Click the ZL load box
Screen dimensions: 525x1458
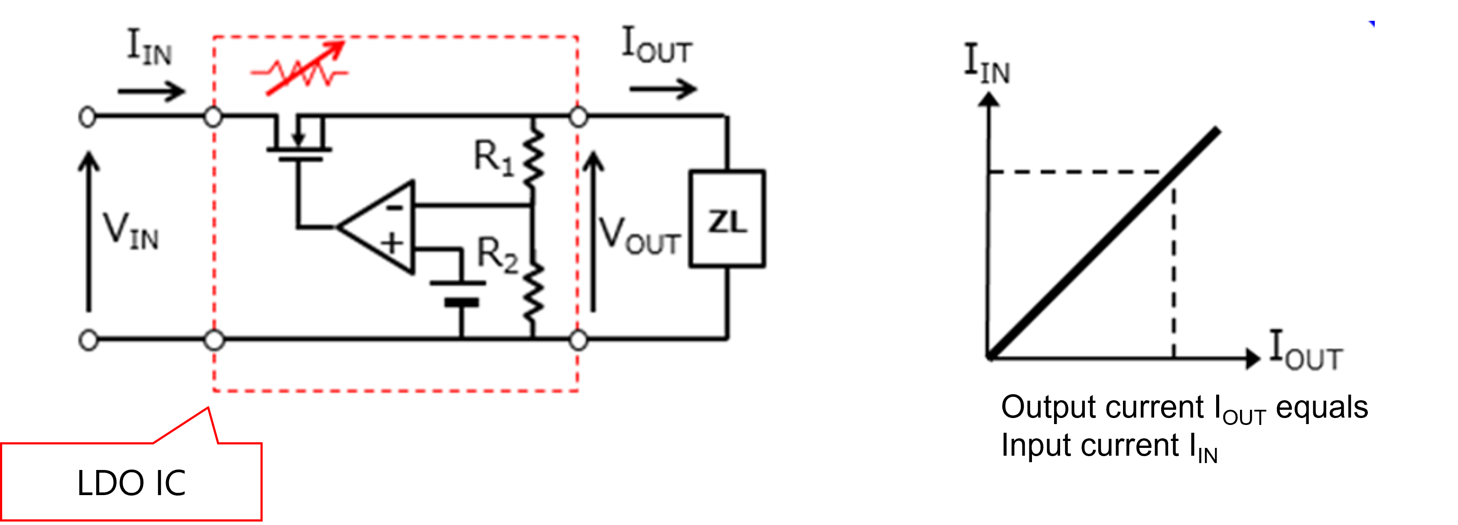(x=727, y=219)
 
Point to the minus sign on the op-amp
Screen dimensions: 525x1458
(x=394, y=207)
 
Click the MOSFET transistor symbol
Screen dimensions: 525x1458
(x=299, y=139)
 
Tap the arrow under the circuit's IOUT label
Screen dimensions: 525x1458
(x=662, y=88)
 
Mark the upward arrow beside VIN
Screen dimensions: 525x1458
(x=88, y=232)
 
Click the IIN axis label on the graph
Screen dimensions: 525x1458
(x=987, y=65)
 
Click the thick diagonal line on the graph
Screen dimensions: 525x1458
(x=1104, y=243)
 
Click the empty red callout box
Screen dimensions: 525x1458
(x=131, y=481)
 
